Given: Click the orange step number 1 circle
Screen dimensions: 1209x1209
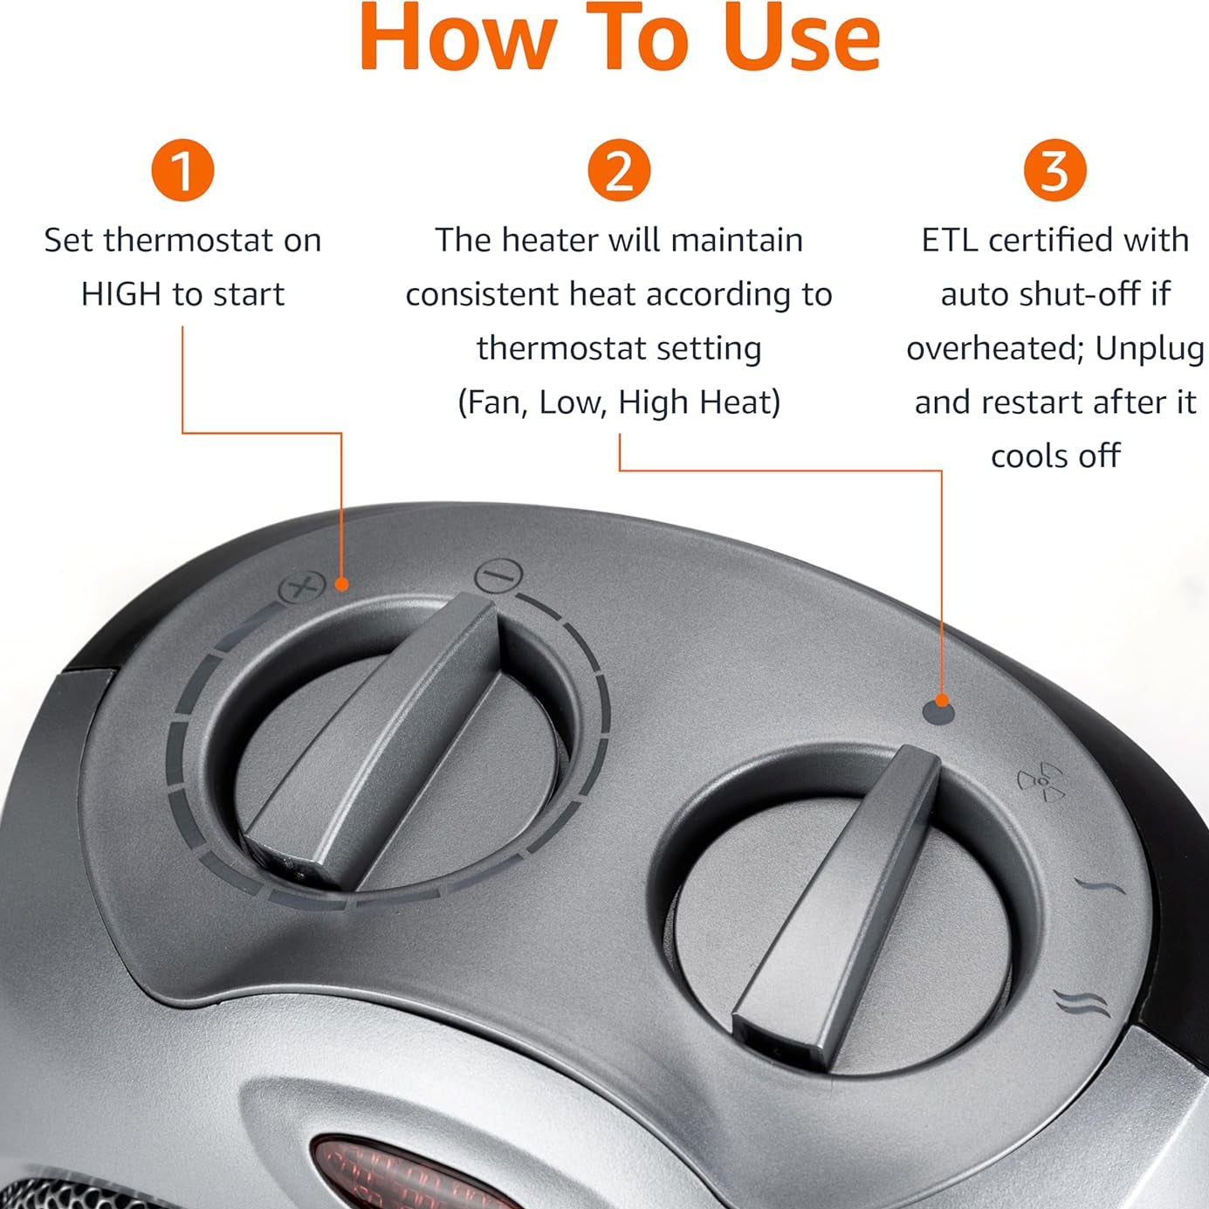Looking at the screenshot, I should (x=182, y=170).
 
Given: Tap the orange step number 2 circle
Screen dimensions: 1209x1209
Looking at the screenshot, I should (x=619, y=170).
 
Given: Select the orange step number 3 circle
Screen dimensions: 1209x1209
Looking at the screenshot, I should (x=1054, y=170).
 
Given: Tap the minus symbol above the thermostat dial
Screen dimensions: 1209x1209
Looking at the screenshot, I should (x=498, y=576).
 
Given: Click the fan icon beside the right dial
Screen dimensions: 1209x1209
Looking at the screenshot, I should (x=1041, y=781).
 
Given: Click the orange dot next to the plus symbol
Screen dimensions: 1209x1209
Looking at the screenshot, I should (x=342, y=584).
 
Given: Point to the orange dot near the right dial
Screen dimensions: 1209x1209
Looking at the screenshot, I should (x=941, y=700).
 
